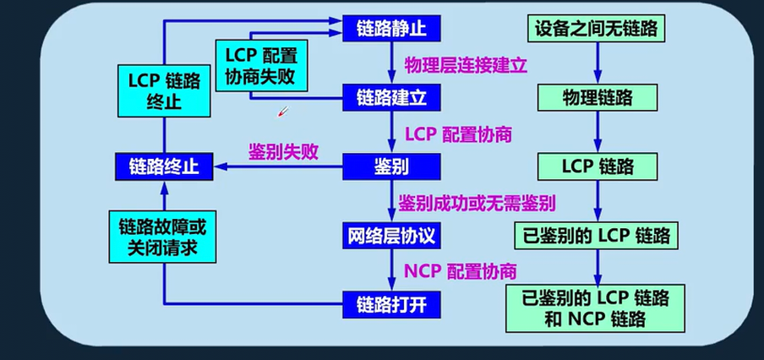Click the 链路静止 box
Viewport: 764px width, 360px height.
tap(391, 28)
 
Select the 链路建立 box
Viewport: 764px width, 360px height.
tap(391, 96)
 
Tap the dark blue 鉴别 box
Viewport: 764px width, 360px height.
tap(391, 166)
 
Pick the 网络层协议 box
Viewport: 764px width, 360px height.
tap(391, 234)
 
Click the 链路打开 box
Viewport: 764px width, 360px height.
tap(391, 303)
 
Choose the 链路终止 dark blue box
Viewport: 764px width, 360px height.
tap(164, 166)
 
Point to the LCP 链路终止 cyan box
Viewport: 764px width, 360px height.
tap(164, 92)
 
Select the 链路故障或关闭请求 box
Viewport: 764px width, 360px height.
tap(162, 237)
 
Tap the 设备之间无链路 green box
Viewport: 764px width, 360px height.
tap(597, 29)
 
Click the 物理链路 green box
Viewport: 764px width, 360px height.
tap(597, 97)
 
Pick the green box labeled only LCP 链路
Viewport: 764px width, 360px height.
tap(597, 166)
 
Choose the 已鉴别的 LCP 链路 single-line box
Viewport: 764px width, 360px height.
tap(597, 234)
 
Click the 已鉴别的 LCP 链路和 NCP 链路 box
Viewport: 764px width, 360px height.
tap(597, 308)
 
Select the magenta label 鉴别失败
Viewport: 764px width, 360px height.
tap(282, 152)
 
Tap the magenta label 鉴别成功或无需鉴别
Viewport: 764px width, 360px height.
tap(483, 203)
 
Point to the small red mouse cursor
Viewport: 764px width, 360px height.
tap(283, 112)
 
